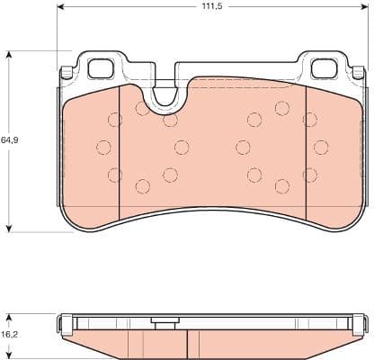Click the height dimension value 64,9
click(10, 140)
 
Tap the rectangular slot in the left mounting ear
click(100, 67)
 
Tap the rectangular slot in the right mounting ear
click(321, 67)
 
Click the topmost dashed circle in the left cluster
click(142, 109)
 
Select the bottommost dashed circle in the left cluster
click(141, 186)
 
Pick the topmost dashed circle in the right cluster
click(282, 109)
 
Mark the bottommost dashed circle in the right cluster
click(282, 186)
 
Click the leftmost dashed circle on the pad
click(103, 147)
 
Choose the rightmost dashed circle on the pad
click(321, 147)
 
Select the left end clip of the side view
click(63, 322)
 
